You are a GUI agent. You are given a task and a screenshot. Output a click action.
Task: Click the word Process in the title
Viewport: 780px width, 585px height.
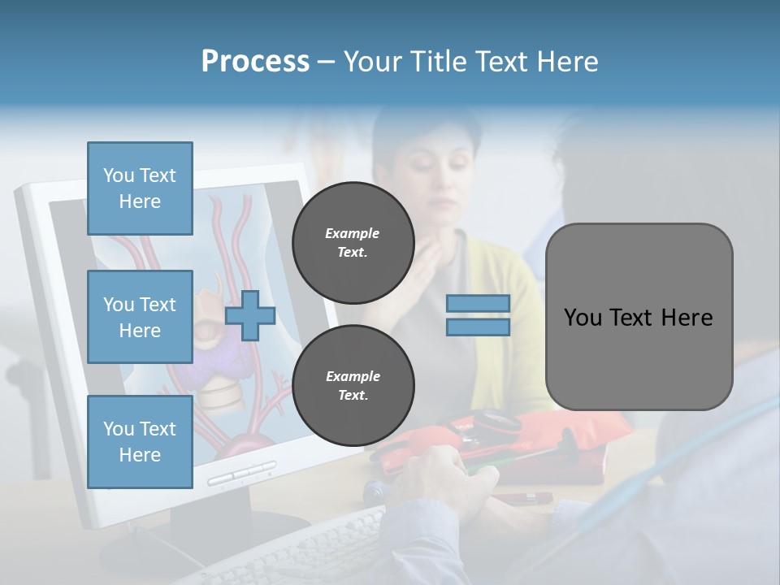click(255, 62)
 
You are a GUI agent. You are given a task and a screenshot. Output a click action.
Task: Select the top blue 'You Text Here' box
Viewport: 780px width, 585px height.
click(140, 188)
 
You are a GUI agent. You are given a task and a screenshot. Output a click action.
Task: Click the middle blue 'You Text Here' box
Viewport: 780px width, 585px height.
click(140, 317)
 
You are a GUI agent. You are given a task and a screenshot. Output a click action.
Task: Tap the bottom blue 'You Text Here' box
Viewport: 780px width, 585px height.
click(140, 442)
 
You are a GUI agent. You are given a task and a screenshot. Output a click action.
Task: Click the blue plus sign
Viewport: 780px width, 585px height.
click(250, 315)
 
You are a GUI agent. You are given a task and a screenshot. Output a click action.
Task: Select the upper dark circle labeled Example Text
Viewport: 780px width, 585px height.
click(353, 243)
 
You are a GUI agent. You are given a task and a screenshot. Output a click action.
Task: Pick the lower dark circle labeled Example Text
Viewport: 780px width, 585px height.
click(353, 386)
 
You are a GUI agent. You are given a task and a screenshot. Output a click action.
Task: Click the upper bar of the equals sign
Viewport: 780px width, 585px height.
click(478, 304)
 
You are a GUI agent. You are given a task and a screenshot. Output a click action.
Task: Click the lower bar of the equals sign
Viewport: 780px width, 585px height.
click(478, 327)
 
